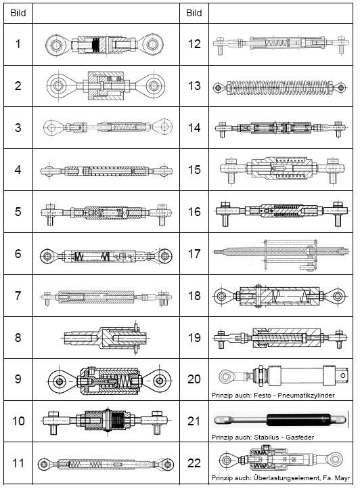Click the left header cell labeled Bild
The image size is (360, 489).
pyautogui.click(x=18, y=13)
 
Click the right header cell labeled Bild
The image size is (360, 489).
pyautogui.click(x=194, y=13)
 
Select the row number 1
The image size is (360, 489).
pyautogui.click(x=18, y=44)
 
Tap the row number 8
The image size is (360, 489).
pyautogui.click(x=18, y=337)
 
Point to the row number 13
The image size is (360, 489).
pyautogui.click(x=194, y=86)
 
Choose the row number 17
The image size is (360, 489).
pyautogui.click(x=194, y=253)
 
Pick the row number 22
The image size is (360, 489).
pyautogui.click(x=194, y=463)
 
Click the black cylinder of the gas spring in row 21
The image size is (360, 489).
pyautogui.click(x=298, y=420)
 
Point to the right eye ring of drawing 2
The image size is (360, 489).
pyautogui.click(x=154, y=85)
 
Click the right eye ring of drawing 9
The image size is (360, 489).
pyautogui.click(x=159, y=381)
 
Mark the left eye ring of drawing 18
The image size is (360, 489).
pyautogui.click(x=221, y=295)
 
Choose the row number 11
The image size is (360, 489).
pyautogui.click(x=18, y=463)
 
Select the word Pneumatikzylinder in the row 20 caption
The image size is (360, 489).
pyautogui.click(x=306, y=395)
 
